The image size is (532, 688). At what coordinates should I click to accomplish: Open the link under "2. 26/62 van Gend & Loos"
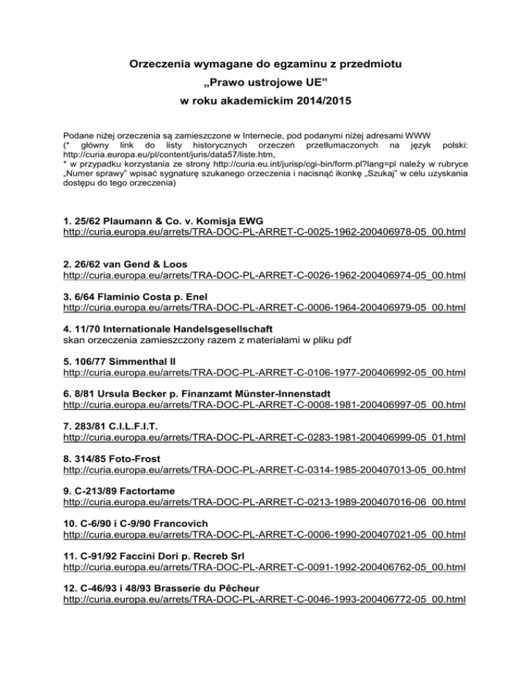[x=263, y=275]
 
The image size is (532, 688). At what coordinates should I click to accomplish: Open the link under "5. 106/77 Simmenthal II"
[x=263, y=372]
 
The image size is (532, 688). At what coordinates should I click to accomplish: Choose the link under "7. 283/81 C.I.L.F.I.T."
[x=263, y=437]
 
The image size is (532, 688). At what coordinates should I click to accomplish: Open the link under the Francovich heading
[x=263, y=535]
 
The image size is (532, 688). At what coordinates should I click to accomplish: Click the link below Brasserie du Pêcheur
[x=263, y=599]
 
